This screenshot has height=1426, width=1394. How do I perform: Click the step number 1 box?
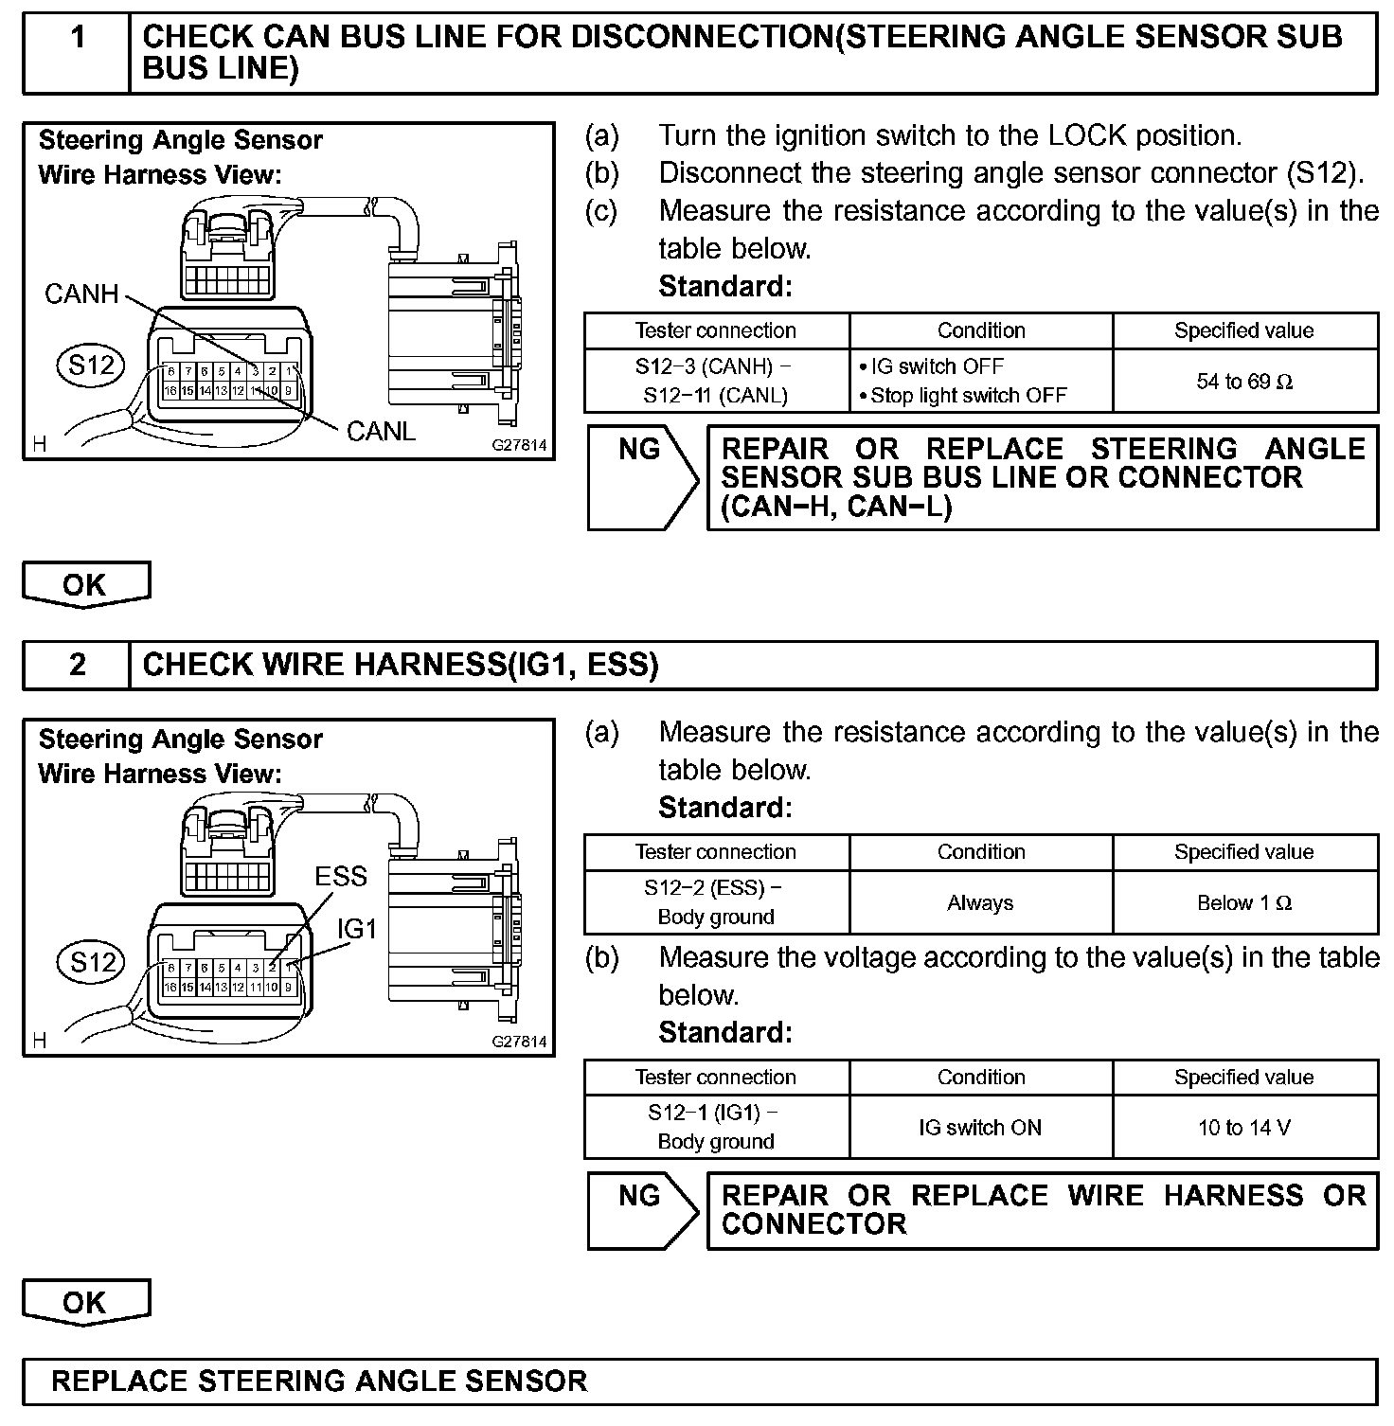click(77, 52)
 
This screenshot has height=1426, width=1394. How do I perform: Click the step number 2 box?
click(77, 665)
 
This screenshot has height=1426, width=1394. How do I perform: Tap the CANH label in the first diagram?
click(81, 294)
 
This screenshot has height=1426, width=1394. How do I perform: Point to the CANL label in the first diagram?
click(381, 432)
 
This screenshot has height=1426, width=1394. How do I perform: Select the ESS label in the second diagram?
click(340, 877)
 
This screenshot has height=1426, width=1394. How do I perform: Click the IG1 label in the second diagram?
click(357, 930)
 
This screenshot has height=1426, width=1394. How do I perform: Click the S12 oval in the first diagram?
click(91, 365)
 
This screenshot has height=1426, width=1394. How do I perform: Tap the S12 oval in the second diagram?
click(92, 963)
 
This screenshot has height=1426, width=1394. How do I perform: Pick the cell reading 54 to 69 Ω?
click(1244, 382)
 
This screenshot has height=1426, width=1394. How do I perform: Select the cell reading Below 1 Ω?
click(1244, 903)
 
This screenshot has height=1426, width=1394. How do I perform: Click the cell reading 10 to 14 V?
click(1244, 1128)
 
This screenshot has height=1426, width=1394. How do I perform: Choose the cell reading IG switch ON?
click(980, 1128)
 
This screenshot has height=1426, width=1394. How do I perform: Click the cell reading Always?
click(980, 903)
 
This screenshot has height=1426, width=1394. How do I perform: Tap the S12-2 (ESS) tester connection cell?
click(716, 902)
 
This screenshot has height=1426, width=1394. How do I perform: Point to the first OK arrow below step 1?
click(85, 584)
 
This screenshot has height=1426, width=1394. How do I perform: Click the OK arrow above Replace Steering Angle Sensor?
click(85, 1302)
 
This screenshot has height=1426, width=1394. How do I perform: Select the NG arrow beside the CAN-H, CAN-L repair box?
click(641, 476)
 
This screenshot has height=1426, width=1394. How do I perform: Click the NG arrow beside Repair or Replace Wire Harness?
click(641, 1209)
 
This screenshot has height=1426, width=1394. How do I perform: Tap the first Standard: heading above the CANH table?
click(724, 286)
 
